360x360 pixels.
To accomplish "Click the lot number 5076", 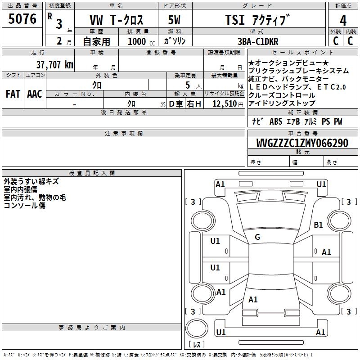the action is [22, 19].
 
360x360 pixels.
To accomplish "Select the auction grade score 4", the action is [343, 21].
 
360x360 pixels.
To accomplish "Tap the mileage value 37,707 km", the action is [54, 65].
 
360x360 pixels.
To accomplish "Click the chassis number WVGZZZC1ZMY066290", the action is [302, 143].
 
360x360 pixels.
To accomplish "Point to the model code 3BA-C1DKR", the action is [258, 41].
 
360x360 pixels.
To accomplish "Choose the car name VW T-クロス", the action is [116, 21].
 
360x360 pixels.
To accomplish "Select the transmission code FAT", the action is [13, 94].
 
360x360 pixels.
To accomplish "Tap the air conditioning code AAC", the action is [35, 94].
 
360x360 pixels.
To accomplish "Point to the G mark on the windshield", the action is [257, 237].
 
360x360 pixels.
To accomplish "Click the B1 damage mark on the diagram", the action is [319, 225].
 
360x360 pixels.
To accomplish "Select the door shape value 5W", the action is [174, 21].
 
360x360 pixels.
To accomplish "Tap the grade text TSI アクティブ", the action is [257, 21].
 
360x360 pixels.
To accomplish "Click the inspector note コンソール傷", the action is [24, 206].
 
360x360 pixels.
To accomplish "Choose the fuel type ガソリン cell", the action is [175, 41].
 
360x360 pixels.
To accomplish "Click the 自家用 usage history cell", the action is [96, 41].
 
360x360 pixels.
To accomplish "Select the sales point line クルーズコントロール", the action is [282, 95].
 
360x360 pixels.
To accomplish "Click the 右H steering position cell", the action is [194, 104].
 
